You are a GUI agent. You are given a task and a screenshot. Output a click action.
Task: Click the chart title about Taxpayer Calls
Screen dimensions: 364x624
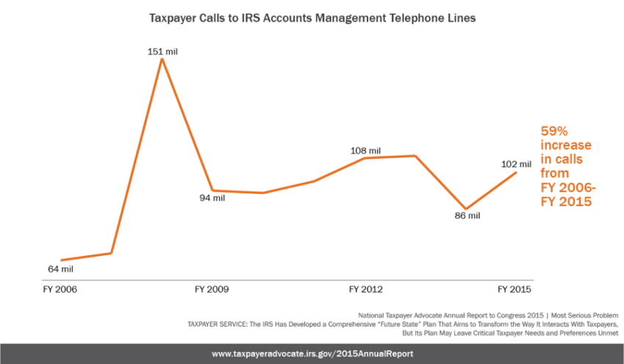[312, 18]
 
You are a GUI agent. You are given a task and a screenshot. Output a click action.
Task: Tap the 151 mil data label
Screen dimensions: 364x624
[162, 51]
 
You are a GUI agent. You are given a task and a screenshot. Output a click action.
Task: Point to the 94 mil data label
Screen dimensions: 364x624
[212, 199]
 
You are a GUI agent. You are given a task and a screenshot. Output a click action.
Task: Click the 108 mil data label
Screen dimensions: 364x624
[365, 151]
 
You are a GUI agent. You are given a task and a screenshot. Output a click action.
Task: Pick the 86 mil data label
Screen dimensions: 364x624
[466, 215]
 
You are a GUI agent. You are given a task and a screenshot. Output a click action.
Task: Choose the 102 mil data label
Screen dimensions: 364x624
[515, 163]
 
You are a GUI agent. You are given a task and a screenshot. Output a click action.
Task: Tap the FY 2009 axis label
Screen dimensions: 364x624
[212, 289]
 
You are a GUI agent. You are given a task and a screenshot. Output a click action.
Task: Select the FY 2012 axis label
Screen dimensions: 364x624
[365, 289]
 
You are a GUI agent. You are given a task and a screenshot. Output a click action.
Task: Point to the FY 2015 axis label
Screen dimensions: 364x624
[516, 289]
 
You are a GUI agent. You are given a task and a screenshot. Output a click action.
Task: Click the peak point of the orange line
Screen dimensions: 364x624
[162, 59]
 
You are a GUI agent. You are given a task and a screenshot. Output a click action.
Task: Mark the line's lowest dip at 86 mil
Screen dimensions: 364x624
[465, 208]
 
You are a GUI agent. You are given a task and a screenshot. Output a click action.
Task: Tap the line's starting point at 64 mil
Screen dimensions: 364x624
[61, 260]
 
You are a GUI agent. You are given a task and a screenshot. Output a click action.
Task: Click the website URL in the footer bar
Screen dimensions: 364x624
[312, 354]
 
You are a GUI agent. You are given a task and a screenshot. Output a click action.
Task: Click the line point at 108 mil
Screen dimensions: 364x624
[365, 158]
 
